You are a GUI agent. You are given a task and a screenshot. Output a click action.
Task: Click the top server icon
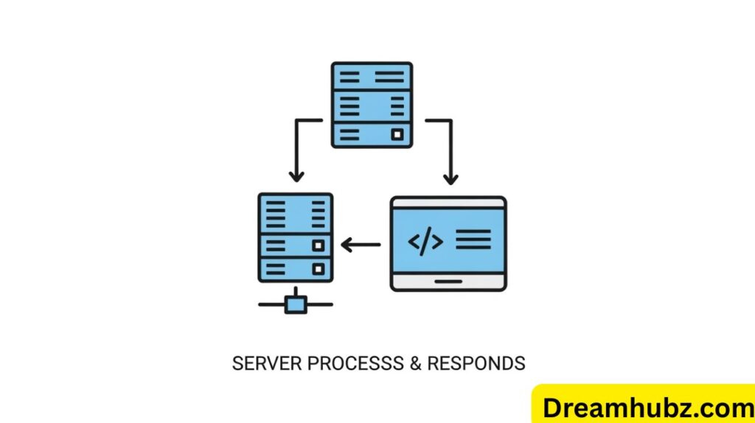point(372,104)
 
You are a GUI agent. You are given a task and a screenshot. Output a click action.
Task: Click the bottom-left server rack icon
point(295,237)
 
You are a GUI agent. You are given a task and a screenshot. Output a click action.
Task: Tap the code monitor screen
point(448,240)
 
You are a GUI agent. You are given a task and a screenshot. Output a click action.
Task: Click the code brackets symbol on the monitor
point(425,241)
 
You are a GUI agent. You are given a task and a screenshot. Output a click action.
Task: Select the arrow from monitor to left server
point(361,245)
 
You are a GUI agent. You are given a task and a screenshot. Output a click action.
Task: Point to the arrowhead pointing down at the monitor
point(450,178)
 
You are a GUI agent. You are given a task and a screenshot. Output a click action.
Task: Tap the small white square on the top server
point(397,134)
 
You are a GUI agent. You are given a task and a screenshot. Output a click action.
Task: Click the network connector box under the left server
point(296,304)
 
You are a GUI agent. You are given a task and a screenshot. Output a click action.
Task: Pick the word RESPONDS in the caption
point(476,363)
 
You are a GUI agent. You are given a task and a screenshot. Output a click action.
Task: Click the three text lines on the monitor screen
point(473,240)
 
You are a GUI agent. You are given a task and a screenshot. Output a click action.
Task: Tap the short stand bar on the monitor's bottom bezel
point(448,281)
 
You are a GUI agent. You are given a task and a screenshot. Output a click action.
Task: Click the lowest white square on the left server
point(319,268)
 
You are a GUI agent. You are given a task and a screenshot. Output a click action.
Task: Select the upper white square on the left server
point(319,245)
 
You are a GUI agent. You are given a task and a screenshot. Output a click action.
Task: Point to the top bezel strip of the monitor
point(448,202)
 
